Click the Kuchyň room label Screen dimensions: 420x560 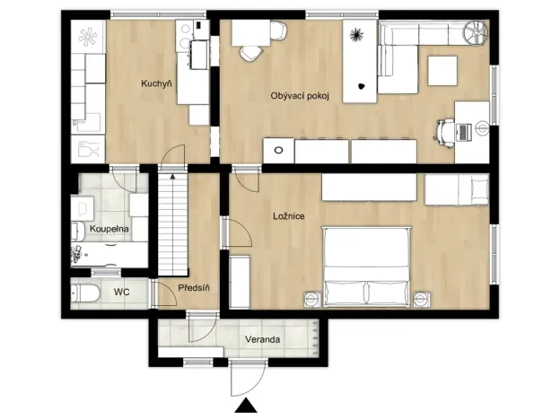[156, 84]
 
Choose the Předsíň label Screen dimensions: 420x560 [194, 288]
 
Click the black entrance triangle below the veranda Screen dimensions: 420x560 [243, 407]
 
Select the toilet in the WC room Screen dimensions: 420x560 [86, 293]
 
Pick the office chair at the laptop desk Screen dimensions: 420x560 [444, 131]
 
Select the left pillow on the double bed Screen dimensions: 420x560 [344, 292]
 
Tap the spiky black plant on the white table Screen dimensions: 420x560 [357, 35]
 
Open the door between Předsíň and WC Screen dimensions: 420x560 [153, 293]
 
